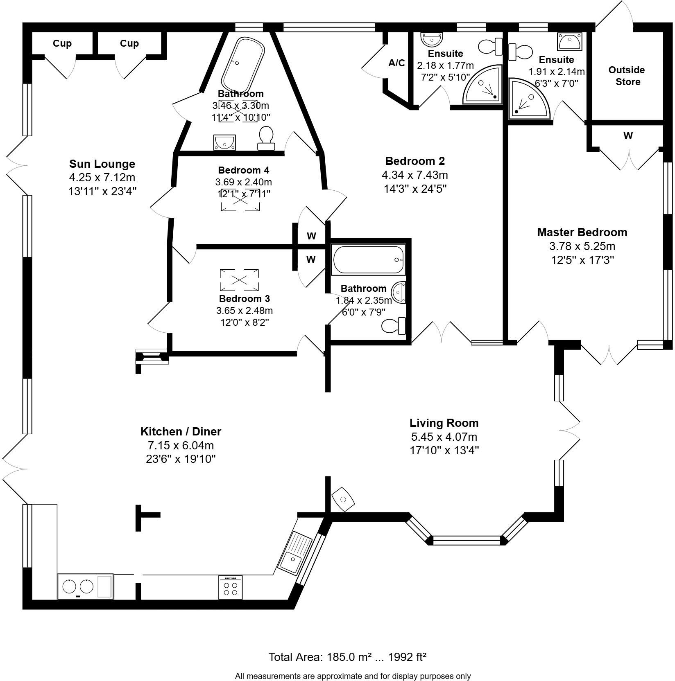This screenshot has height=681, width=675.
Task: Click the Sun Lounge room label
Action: click(102, 164)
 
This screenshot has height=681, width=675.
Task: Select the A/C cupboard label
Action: click(396, 63)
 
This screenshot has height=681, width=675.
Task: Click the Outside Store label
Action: click(627, 76)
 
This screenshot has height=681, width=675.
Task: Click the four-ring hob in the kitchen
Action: click(230, 588)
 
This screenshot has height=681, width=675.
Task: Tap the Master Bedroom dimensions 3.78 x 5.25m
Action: click(582, 246)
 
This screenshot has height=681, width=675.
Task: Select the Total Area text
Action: click(347, 657)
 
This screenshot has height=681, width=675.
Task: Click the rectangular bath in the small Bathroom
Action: click(369, 260)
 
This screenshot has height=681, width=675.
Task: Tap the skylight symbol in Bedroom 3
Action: click(239, 280)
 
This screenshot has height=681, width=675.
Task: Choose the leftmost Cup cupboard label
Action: click(62, 43)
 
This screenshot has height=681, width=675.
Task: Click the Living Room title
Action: click(444, 423)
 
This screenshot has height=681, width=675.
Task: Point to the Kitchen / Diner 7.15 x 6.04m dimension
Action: click(181, 445)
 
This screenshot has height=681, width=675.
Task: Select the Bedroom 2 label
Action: click(415, 161)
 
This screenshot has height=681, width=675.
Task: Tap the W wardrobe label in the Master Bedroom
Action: click(627, 136)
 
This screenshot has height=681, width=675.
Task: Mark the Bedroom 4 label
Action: click(243, 170)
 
